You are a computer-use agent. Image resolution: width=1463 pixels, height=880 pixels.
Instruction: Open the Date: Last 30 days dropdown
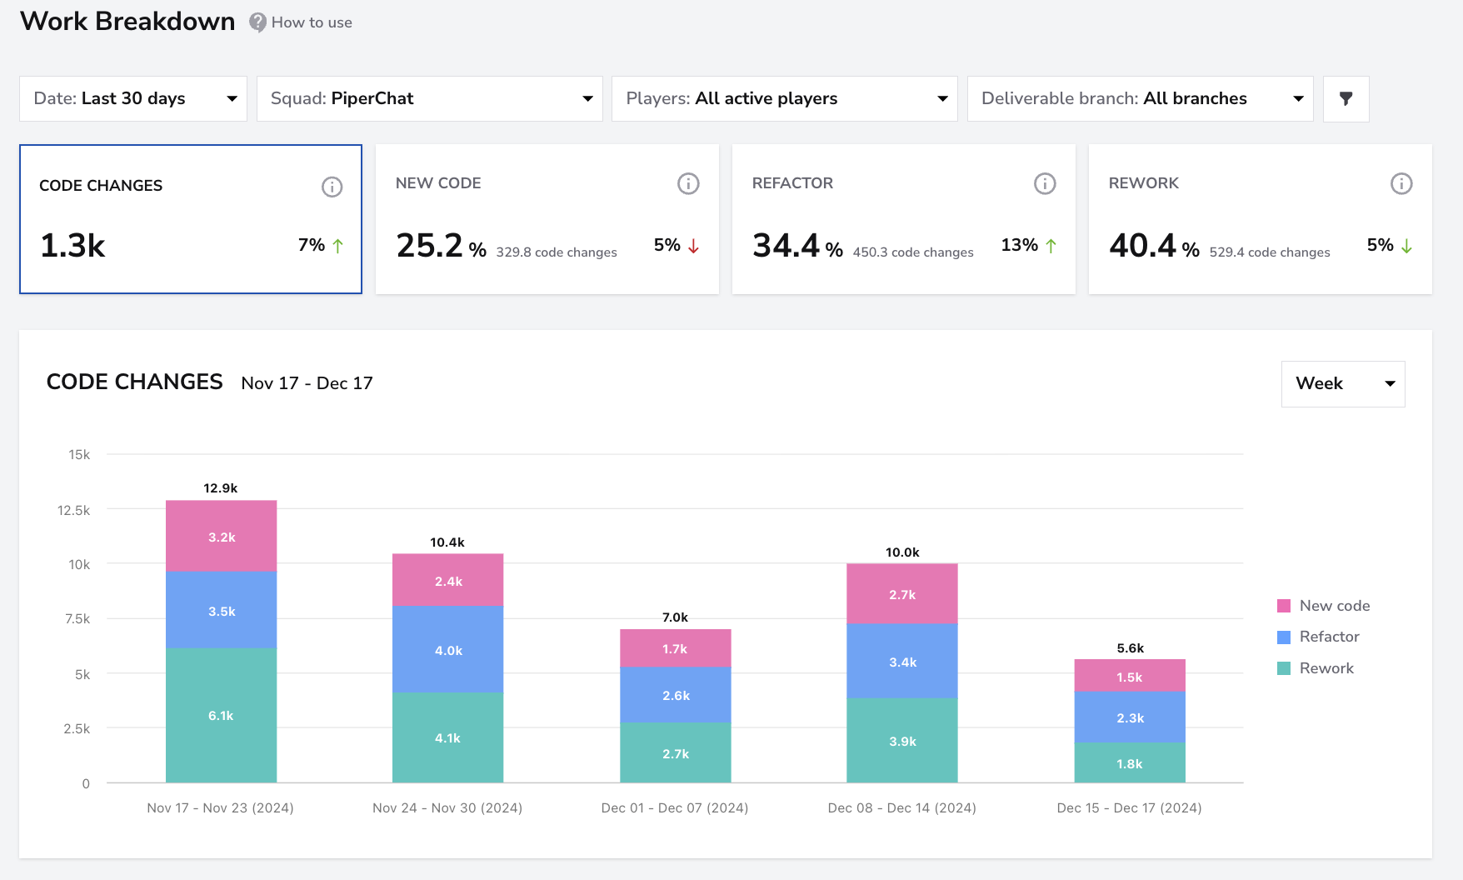[133, 98]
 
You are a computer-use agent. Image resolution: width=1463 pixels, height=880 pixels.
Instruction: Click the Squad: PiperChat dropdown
[430, 98]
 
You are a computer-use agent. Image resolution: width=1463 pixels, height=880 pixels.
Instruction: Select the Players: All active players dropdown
[785, 98]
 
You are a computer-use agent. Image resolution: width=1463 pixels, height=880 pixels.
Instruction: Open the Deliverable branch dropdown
[1141, 98]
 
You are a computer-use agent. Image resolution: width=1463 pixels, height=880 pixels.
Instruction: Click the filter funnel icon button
[1346, 98]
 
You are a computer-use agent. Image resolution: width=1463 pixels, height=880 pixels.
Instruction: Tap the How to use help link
[301, 22]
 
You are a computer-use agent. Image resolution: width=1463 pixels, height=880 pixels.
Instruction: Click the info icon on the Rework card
[1401, 183]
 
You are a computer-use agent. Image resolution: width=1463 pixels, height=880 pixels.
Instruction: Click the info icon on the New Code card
[688, 183]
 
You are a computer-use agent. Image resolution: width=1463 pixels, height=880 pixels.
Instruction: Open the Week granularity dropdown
[1343, 383]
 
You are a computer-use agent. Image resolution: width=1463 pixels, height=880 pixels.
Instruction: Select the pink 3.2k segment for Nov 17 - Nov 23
[222, 536]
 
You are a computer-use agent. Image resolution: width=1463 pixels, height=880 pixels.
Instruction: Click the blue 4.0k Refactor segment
[448, 649]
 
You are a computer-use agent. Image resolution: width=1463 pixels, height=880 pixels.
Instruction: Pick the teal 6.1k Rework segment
[222, 715]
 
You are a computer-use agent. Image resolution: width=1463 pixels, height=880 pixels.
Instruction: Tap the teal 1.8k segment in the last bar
[1130, 762]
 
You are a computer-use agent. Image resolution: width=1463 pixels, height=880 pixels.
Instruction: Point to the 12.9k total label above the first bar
[221, 488]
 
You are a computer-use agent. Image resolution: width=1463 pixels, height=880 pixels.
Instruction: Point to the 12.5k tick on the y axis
[73, 510]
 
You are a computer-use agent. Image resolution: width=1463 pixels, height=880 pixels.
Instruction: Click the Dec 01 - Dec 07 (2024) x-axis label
[675, 807]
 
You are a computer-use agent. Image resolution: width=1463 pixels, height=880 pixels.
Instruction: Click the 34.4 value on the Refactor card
[786, 245]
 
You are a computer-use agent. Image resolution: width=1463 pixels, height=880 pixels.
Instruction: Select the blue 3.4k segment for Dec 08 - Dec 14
[902, 661]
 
